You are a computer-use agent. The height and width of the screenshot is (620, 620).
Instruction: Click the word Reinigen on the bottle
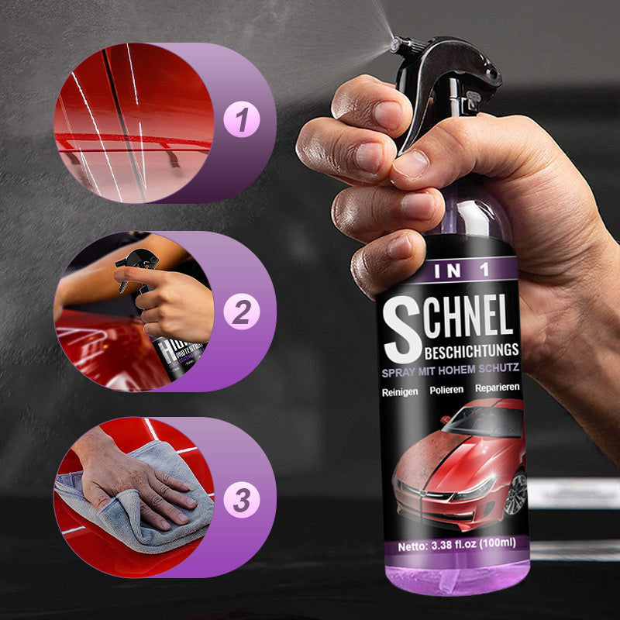[x=401, y=392]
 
